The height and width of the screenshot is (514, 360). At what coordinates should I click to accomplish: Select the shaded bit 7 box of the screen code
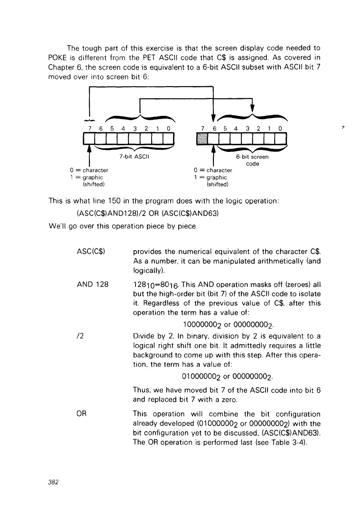[x=202, y=139]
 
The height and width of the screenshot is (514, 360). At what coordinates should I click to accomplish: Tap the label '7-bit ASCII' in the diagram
[x=134, y=157]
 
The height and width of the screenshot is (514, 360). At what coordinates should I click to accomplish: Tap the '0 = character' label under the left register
[x=89, y=171]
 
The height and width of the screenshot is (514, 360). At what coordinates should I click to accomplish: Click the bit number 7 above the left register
[x=90, y=128]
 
